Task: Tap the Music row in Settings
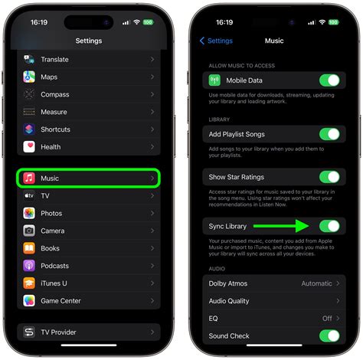(88, 178)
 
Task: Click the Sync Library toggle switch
(329, 226)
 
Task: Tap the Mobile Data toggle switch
(329, 80)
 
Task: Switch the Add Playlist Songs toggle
(329, 134)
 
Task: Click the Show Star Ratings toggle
(329, 177)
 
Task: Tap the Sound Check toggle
(329, 335)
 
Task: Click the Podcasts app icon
(28, 265)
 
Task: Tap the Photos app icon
(28, 213)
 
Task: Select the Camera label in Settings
(53, 231)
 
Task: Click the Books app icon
(28, 248)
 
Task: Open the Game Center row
(88, 301)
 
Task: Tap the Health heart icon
(28, 146)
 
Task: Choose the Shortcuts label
(56, 129)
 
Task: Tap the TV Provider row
(88, 332)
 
